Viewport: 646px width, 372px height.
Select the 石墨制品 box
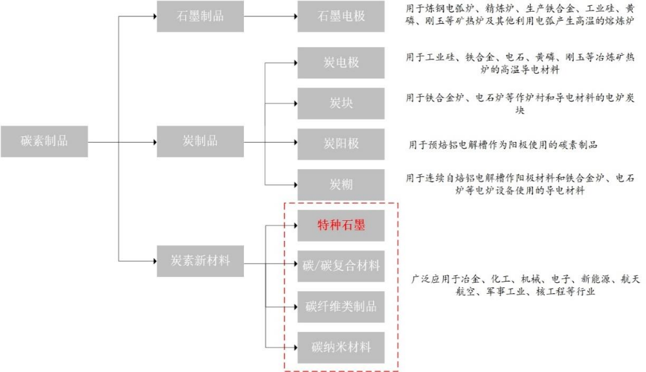pyautogui.click(x=201, y=16)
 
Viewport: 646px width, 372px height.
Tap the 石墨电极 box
pyautogui.click(x=341, y=16)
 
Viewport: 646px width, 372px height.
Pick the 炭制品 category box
pyautogui.click(x=201, y=141)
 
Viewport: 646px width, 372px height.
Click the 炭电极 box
pyautogui.click(x=341, y=63)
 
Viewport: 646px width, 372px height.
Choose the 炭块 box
pyautogui.click(x=341, y=103)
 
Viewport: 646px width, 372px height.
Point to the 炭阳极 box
pyautogui.click(x=341, y=143)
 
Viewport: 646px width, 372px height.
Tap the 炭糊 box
pyautogui.click(x=341, y=184)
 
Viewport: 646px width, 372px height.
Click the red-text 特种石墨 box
pyautogui.click(x=341, y=225)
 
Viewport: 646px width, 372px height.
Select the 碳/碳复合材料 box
pyautogui.click(x=341, y=265)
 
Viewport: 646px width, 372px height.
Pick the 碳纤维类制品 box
pyautogui.click(x=341, y=305)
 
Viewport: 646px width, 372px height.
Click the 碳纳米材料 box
pyautogui.click(x=341, y=346)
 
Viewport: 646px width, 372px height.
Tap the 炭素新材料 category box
pyautogui.click(x=201, y=262)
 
